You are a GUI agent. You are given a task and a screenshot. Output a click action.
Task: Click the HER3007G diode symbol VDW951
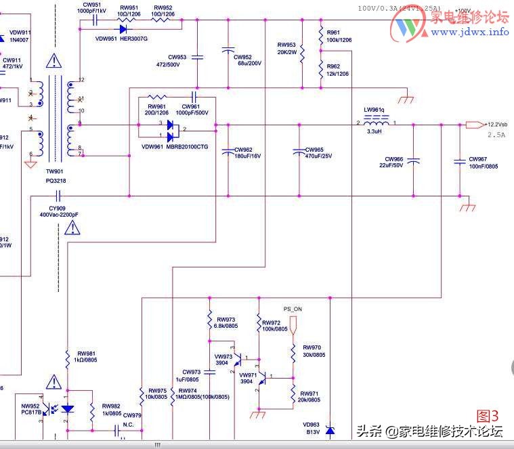click(123, 28)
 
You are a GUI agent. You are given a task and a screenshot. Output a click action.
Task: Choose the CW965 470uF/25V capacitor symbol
click(296, 154)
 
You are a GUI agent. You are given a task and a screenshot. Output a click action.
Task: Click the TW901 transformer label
click(55, 173)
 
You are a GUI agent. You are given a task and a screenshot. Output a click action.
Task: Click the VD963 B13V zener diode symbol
click(330, 430)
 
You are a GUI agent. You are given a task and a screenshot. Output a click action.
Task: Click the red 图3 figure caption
click(488, 415)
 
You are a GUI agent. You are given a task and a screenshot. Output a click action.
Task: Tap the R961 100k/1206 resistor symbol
click(320, 36)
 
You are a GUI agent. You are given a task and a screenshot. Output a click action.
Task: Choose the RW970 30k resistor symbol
click(293, 352)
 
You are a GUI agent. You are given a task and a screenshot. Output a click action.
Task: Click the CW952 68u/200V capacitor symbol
click(228, 51)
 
